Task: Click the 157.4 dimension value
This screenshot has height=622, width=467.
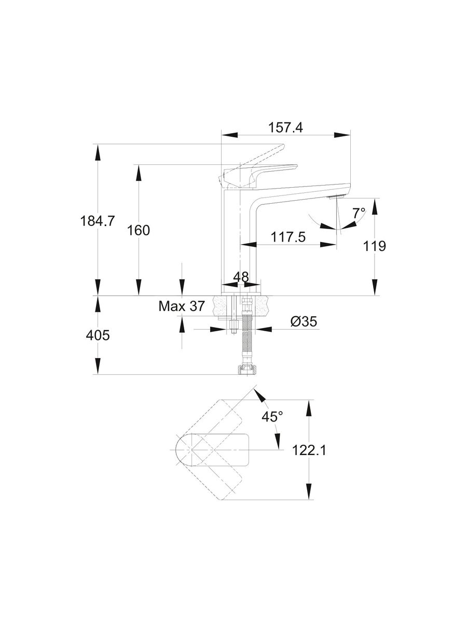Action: pyautogui.click(x=285, y=127)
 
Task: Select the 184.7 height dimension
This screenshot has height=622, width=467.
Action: pyautogui.click(x=97, y=221)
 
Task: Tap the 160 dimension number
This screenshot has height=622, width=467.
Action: pyautogui.click(x=139, y=230)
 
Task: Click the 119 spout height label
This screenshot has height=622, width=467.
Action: pyautogui.click(x=375, y=246)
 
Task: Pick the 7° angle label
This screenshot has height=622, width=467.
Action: pyautogui.click(x=359, y=213)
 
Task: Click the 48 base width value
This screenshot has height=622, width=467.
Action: pyautogui.click(x=240, y=276)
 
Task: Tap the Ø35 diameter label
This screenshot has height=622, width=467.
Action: pyautogui.click(x=304, y=322)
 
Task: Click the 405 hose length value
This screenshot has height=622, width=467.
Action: pyautogui.click(x=97, y=335)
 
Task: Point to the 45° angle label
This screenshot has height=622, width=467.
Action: pyautogui.click(x=272, y=416)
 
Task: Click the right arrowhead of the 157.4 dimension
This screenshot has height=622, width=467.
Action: pyautogui.click(x=342, y=135)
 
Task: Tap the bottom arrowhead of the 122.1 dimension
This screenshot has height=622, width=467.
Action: pyautogui.click(x=309, y=492)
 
